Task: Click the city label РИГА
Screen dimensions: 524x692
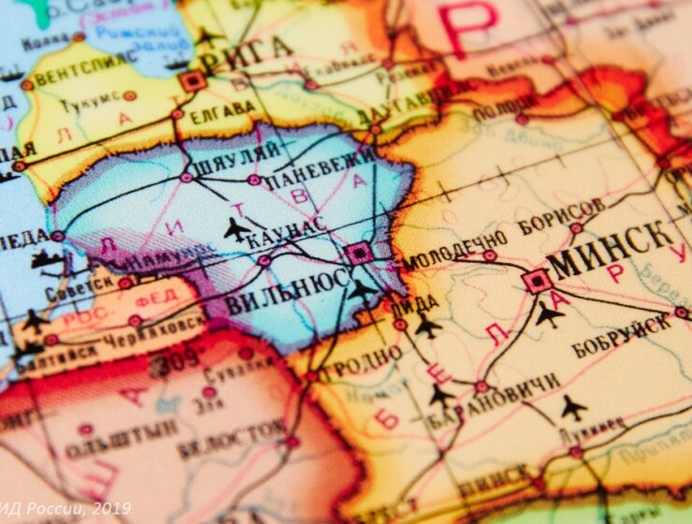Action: pos(244,52)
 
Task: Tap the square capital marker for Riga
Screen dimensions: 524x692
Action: pos(193,80)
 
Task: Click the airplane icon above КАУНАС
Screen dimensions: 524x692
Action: pos(238,228)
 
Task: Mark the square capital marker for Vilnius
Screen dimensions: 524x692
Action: pos(357,254)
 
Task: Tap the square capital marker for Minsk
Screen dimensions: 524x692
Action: pos(536,280)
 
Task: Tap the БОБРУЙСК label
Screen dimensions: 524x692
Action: pos(621,334)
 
